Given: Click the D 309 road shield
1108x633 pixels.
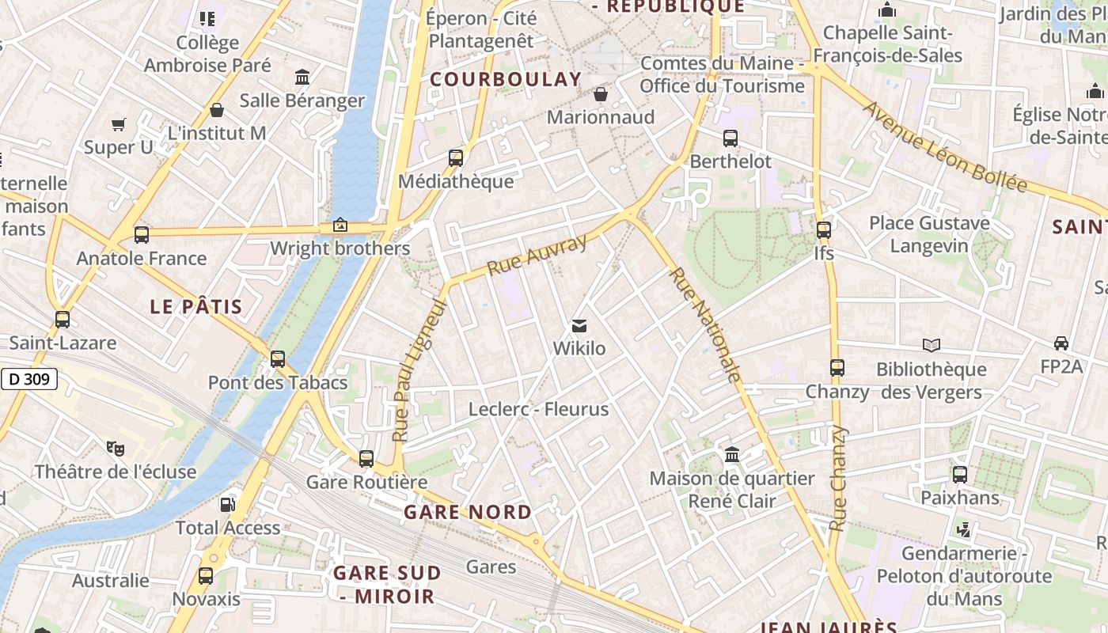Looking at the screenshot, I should tap(30, 379).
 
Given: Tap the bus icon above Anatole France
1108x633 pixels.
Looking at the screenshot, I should tap(142, 235).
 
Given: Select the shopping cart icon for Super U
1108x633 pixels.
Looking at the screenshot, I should tap(119, 124).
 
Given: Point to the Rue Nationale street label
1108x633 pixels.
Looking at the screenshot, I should tap(706, 325).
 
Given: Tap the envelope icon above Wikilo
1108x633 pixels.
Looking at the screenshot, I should tap(579, 326).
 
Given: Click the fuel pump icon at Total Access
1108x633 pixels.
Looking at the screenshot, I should tap(227, 504).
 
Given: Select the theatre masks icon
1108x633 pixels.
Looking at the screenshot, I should tap(116, 449).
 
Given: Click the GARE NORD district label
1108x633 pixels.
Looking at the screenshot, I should tap(468, 512).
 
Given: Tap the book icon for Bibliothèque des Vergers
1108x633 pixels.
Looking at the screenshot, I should tap(932, 345).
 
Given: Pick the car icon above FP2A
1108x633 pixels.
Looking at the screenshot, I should tap(1061, 343).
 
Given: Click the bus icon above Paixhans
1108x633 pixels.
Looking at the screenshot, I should tap(960, 475).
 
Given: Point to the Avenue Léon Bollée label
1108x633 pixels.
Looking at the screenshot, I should tap(945, 146).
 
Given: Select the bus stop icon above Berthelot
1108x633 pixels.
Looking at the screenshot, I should tap(730, 138).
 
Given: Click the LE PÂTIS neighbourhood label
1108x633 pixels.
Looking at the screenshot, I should tap(196, 307).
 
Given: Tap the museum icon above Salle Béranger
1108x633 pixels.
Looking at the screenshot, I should tap(302, 78).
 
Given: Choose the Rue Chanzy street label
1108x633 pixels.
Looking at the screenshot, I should tap(837, 478).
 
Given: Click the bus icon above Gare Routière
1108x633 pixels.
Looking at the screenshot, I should tap(366, 459).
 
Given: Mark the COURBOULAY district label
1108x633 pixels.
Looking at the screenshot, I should tap(506, 79).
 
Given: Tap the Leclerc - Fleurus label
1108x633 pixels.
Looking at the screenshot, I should tap(538, 409).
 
